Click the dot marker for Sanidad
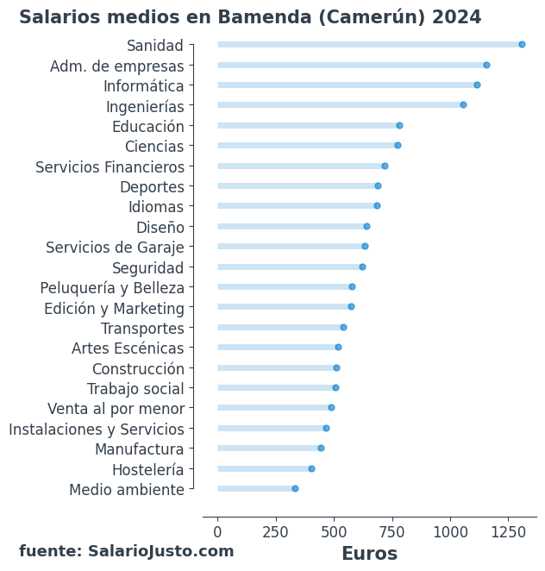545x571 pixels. point(522,45)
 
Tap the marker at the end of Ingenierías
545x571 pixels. point(463,105)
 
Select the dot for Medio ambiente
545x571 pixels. point(295,489)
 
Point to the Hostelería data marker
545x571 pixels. point(311,469)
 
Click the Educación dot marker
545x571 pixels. point(399,126)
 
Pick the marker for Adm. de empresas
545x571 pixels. point(486,66)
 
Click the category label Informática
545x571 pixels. point(143,86)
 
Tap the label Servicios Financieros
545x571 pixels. point(110,167)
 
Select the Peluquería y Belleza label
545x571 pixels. point(112,288)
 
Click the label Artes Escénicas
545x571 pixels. point(128,348)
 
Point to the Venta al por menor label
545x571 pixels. point(116,409)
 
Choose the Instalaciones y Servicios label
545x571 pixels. point(97,430)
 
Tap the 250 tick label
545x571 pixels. point(276,532)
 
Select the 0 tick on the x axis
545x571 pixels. point(217,532)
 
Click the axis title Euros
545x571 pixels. point(369,554)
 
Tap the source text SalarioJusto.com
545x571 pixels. point(160,551)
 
